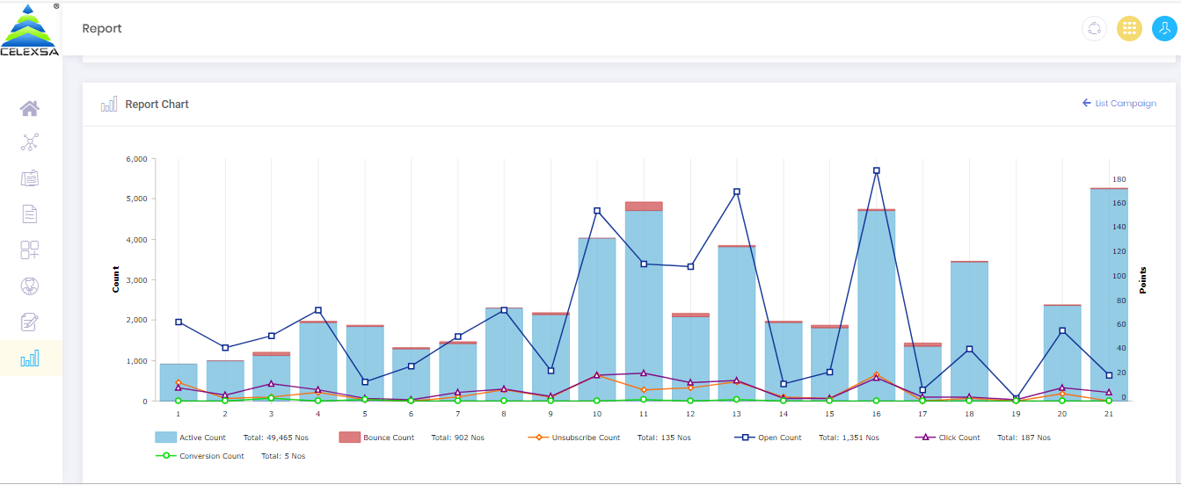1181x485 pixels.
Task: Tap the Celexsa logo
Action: pyautogui.click(x=30, y=30)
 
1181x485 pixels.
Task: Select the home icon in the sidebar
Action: pyautogui.click(x=30, y=108)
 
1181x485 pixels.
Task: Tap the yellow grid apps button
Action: pyautogui.click(x=1129, y=29)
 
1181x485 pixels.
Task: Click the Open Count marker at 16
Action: pyautogui.click(x=876, y=170)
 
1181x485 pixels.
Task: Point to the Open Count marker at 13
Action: pyautogui.click(x=736, y=192)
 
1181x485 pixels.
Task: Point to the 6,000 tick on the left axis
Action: pyautogui.click(x=135, y=159)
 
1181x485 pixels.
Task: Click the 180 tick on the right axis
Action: pyautogui.click(x=1119, y=179)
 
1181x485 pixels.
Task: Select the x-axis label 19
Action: pyautogui.click(x=1016, y=414)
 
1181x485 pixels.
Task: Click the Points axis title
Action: pyautogui.click(x=1143, y=279)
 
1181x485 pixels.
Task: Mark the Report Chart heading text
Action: pyautogui.click(x=157, y=105)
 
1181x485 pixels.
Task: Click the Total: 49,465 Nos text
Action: pyautogui.click(x=276, y=438)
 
